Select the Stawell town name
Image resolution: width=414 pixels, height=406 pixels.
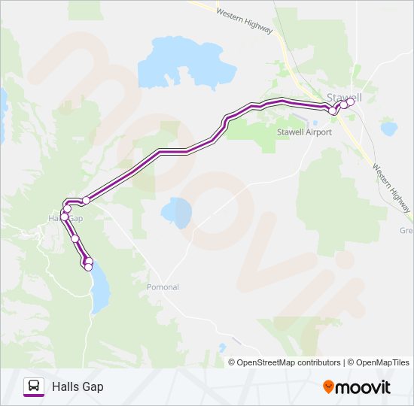click(345, 97)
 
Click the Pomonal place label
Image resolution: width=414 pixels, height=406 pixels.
click(163, 287)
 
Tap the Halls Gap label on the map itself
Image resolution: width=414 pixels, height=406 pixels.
click(65, 218)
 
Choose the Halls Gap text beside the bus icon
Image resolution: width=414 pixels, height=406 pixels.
click(78, 387)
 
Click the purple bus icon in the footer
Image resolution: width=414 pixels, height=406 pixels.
click(33, 386)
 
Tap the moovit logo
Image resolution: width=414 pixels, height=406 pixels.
click(357, 387)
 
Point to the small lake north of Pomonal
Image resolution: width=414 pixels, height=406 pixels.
click(179, 211)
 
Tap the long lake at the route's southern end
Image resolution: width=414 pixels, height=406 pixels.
click(99, 289)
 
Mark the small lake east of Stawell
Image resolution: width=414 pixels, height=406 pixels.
click(388, 129)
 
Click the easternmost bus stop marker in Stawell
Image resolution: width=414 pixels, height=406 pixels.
click(350, 102)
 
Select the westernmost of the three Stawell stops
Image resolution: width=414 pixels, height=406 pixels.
click(333, 111)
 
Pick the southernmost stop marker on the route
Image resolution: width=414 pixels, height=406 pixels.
click(88, 267)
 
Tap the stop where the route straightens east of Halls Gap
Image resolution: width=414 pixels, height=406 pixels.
click(86, 200)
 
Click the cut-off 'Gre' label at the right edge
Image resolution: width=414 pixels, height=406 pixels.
click(406, 231)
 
